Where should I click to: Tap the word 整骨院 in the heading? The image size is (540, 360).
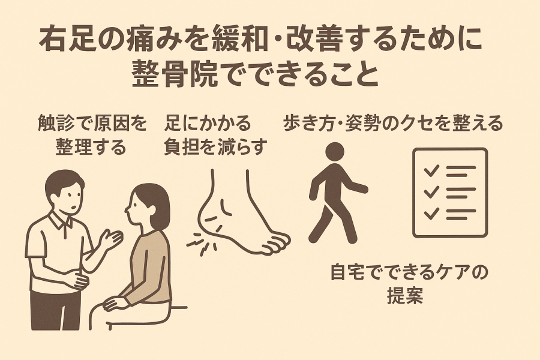pyautogui.click(x=176, y=73)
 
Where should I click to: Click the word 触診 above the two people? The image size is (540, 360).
pyautogui.click(x=55, y=124)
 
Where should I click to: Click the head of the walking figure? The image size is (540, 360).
pyautogui.click(x=335, y=152)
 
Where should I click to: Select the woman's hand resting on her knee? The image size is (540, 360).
pyautogui.click(x=115, y=303)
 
